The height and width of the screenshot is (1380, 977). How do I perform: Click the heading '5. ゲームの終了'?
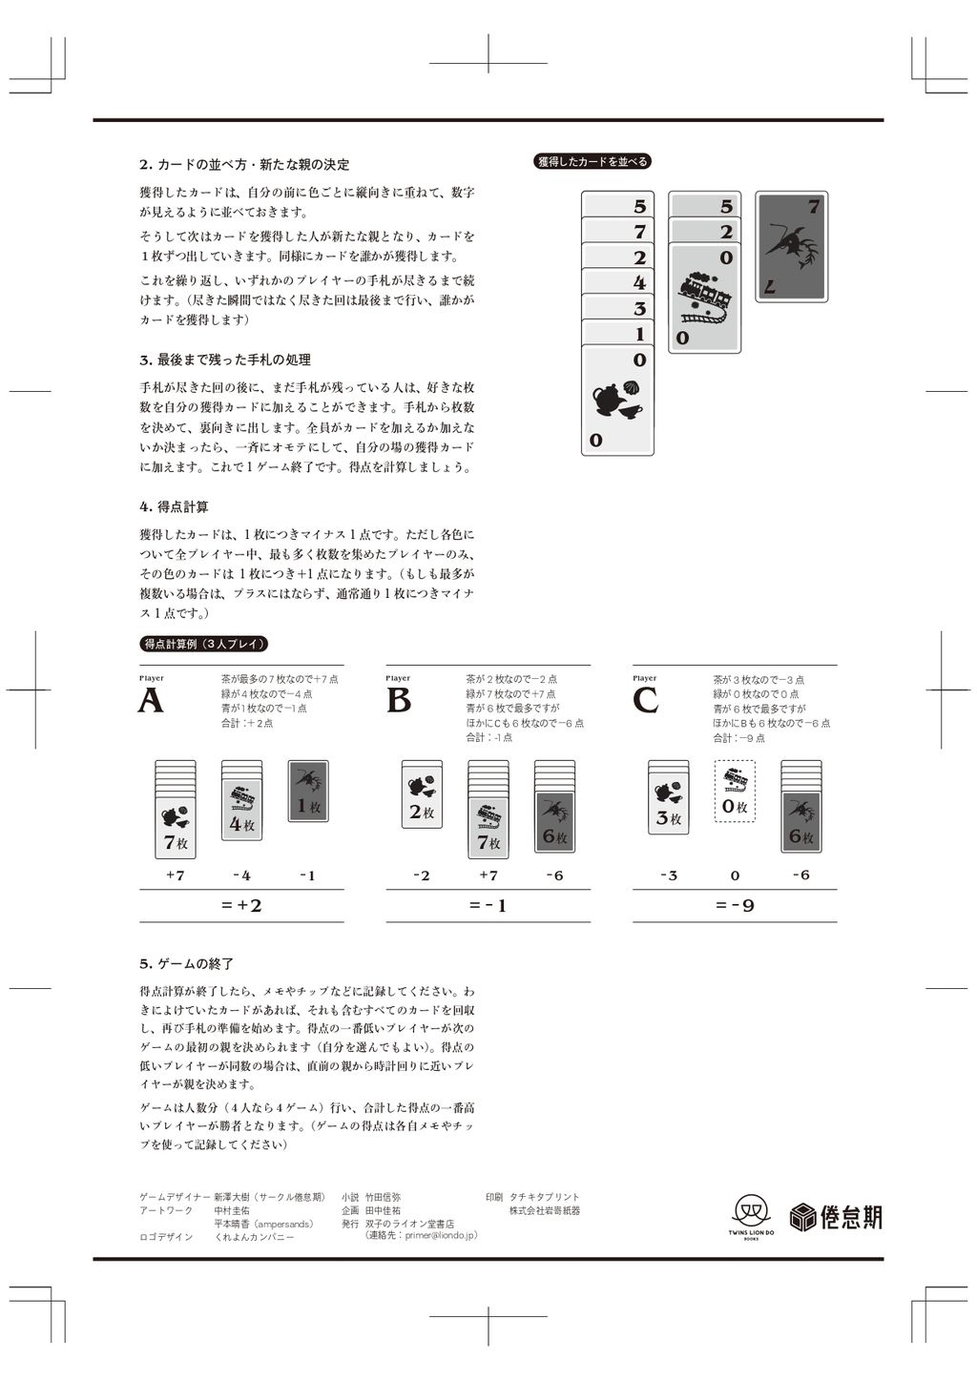click(186, 964)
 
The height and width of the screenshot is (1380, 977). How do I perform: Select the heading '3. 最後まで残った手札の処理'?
click(225, 360)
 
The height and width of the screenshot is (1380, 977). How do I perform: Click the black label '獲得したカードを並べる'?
click(592, 162)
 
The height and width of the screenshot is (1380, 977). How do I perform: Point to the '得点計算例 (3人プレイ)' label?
click(204, 644)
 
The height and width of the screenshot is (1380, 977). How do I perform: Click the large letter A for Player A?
click(151, 701)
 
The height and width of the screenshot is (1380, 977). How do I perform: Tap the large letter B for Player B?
click(399, 701)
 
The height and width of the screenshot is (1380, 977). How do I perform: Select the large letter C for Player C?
click(645, 701)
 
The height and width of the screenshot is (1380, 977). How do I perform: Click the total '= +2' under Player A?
click(241, 905)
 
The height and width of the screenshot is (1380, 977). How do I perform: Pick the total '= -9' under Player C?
click(735, 905)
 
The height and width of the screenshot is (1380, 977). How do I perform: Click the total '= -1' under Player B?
click(488, 905)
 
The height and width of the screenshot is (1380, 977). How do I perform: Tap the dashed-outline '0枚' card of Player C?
click(734, 792)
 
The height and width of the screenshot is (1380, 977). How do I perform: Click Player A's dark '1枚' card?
click(308, 791)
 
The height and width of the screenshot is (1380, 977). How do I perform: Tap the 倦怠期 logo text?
click(837, 1217)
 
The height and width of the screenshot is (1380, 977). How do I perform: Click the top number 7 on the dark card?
click(813, 206)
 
